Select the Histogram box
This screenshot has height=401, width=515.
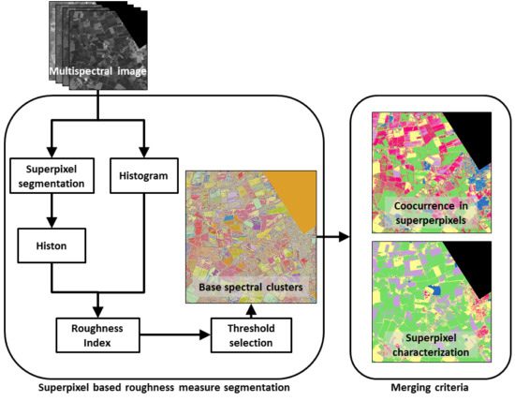pos(142,175)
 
